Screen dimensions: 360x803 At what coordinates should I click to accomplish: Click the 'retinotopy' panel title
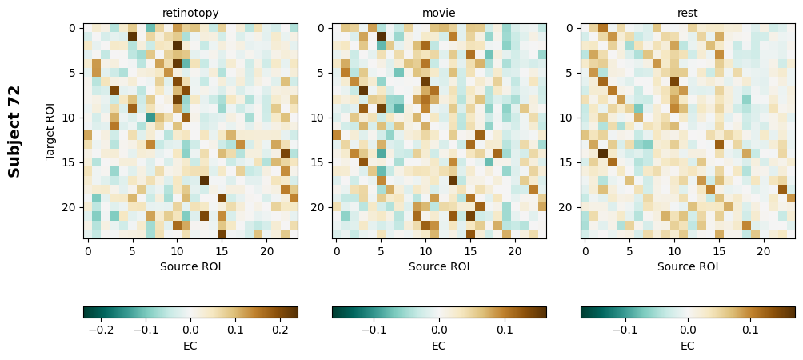[190, 13]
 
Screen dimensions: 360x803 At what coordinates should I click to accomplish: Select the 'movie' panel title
[439, 13]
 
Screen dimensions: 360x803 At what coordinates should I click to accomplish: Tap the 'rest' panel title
[688, 13]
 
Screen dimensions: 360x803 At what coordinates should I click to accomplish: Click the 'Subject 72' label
[14, 130]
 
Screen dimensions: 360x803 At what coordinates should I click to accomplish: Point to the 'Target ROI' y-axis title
[50, 130]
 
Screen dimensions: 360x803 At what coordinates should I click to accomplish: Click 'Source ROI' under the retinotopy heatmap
[190, 266]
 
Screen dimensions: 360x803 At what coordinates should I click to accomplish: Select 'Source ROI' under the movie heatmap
[439, 266]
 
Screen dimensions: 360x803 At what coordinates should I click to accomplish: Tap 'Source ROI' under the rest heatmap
[688, 266]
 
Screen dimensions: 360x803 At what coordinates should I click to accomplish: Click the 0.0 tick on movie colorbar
[439, 329]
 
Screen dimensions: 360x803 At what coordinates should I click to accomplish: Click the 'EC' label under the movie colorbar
[439, 346]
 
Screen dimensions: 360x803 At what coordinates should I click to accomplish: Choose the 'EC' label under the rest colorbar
[688, 346]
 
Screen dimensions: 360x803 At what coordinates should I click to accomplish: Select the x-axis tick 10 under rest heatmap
[674, 251]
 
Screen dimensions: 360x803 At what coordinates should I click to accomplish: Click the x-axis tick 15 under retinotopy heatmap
[222, 251]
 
